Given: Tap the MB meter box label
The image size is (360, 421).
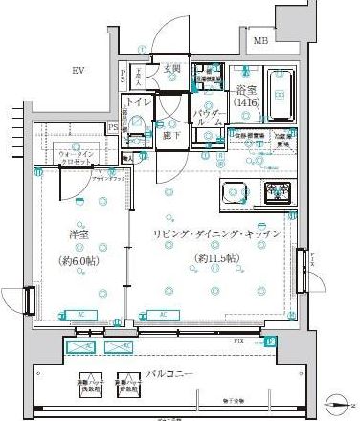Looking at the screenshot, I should (260, 40).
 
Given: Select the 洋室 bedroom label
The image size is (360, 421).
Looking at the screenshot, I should (79, 235).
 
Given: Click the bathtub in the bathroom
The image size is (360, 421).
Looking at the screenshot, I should (281, 94).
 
